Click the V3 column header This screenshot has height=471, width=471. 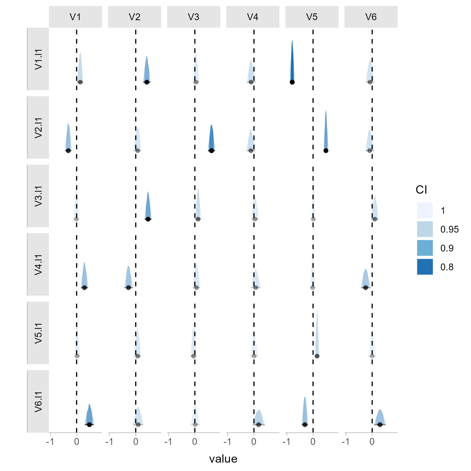pyautogui.click(x=194, y=17)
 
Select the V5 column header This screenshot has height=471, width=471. pyautogui.click(x=312, y=17)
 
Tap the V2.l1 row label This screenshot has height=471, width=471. pyautogui.click(x=38, y=127)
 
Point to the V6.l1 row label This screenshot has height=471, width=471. pyautogui.click(x=38, y=401)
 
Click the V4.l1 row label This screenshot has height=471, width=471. pyautogui.click(x=38, y=265)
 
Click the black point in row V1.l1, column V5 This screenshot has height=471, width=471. pyautogui.click(x=292, y=82)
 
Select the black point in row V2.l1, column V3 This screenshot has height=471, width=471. pyautogui.click(x=211, y=150)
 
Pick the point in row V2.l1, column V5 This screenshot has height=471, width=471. pyautogui.click(x=326, y=150)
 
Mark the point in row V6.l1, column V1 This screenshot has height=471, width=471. pyautogui.click(x=89, y=424)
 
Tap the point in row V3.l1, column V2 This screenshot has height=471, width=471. pyautogui.click(x=148, y=219)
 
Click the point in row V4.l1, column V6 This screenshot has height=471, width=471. pyautogui.click(x=366, y=288)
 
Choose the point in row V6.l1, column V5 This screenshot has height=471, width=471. pyautogui.click(x=305, y=424)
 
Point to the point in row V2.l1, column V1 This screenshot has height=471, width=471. pyautogui.click(x=68, y=150)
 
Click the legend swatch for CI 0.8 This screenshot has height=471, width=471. pyautogui.click(x=425, y=267)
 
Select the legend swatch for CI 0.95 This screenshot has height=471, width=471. pyautogui.click(x=425, y=229)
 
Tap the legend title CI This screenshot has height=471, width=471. pyautogui.click(x=421, y=190)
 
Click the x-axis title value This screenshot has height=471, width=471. pyautogui.click(x=223, y=459)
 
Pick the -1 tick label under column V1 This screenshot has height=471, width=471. pyautogui.click(x=50, y=442)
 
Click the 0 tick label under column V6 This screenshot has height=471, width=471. pyautogui.click(x=372, y=442)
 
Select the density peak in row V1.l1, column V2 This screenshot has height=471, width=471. pyautogui.click(x=147, y=56)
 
